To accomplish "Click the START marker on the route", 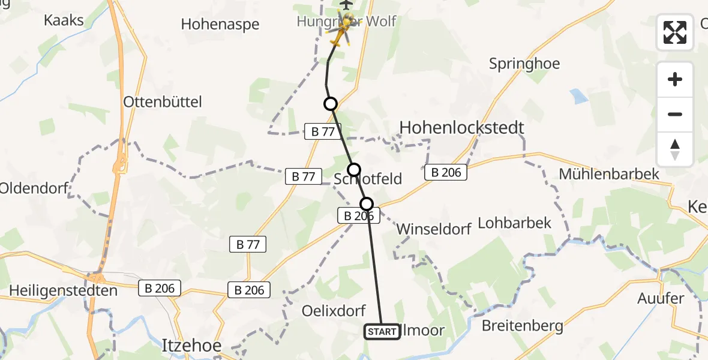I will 382,332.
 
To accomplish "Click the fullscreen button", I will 675,32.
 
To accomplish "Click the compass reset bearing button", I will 675,149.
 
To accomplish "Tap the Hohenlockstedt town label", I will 462,127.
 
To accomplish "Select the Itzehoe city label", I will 192,346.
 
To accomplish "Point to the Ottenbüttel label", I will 162,101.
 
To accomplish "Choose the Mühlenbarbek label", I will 609,174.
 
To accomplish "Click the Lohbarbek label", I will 514,223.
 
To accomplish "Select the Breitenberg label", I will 523,326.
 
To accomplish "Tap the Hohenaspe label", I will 221,25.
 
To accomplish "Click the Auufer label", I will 661,298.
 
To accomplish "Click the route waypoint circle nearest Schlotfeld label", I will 354,170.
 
